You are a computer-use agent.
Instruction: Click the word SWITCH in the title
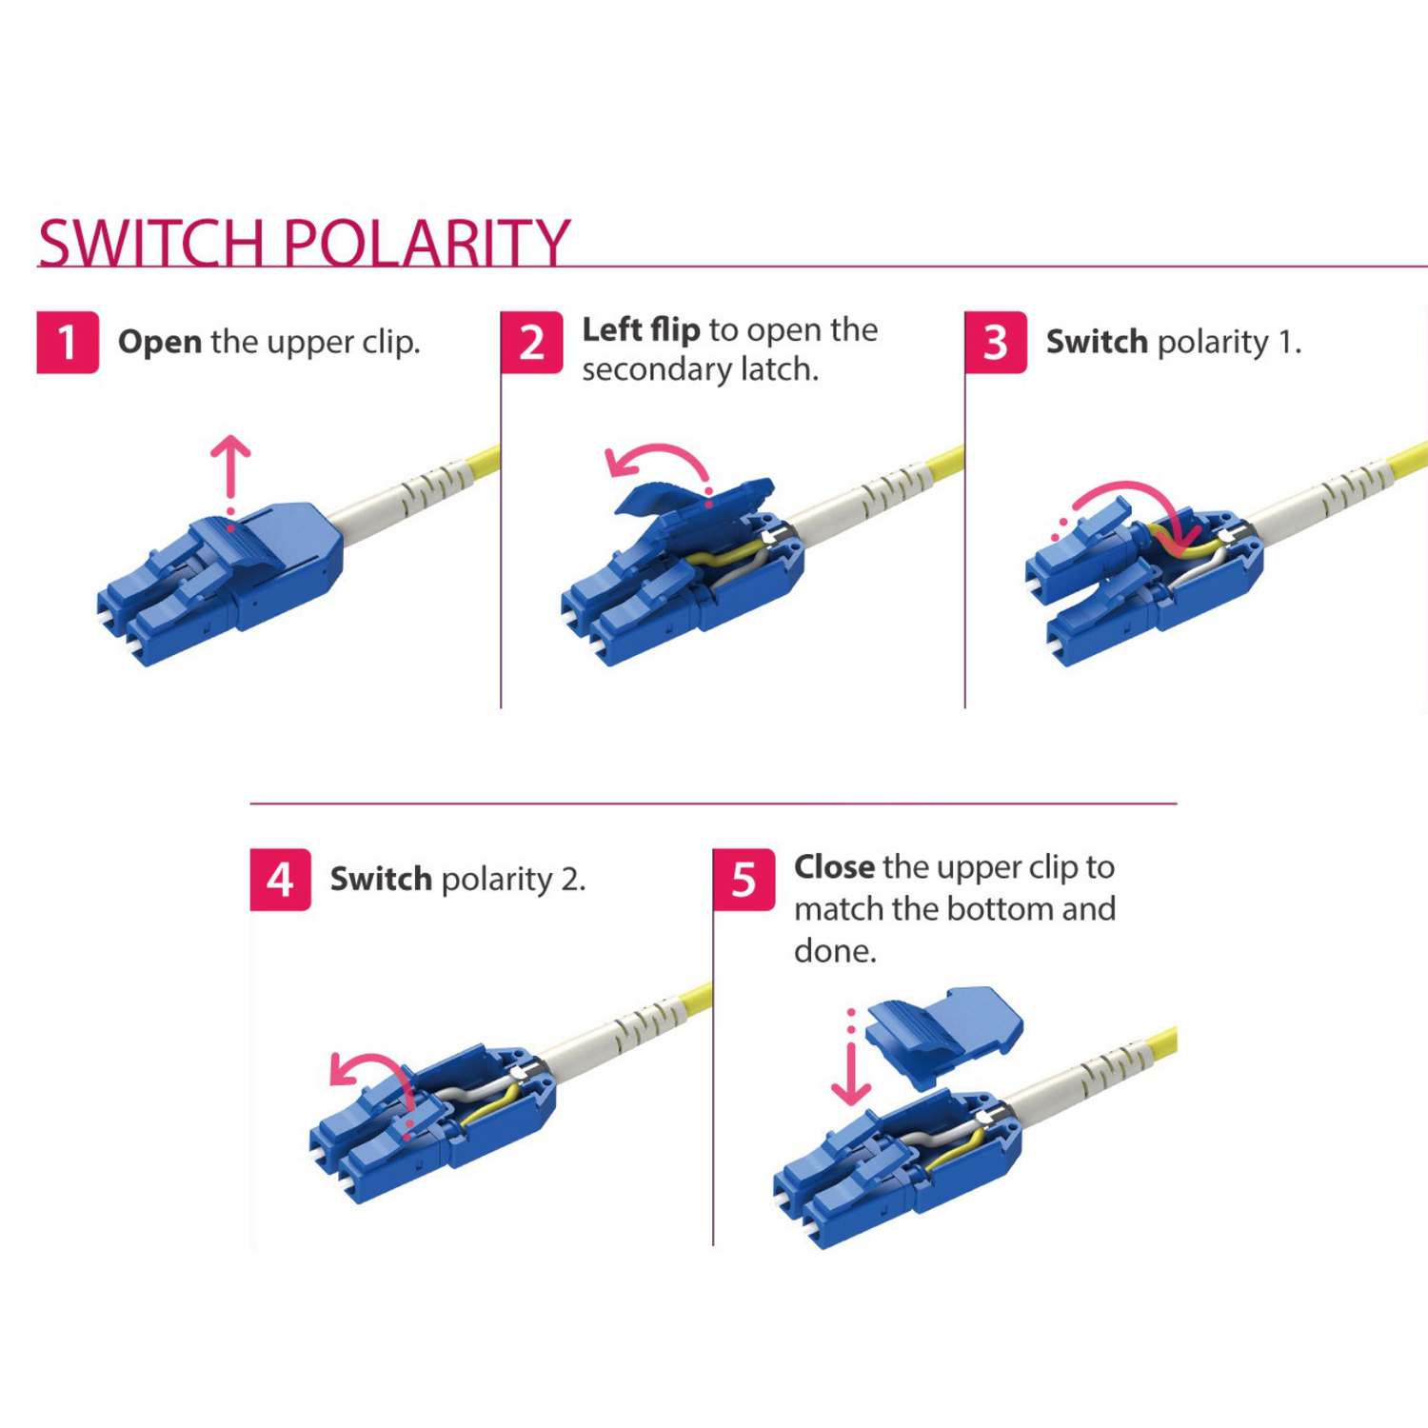pyautogui.click(x=150, y=244)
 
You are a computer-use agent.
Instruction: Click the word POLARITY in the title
pyautogui.click(x=426, y=244)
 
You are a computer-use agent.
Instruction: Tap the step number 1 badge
pyautogui.click(x=68, y=342)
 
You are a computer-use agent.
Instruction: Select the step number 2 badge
pyautogui.click(x=531, y=342)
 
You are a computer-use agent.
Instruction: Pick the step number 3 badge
pyautogui.click(x=995, y=342)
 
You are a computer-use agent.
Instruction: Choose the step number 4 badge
pyautogui.click(x=280, y=879)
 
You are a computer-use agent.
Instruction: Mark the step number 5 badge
pyautogui.click(x=744, y=879)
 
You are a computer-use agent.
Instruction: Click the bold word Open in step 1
pyautogui.click(x=159, y=342)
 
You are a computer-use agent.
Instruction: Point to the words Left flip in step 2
pyautogui.click(x=641, y=329)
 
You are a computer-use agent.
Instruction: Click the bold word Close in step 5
pyautogui.click(x=834, y=866)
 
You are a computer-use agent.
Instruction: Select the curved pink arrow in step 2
pyautogui.click(x=657, y=462)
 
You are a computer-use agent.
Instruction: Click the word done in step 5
pyautogui.click(x=834, y=950)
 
